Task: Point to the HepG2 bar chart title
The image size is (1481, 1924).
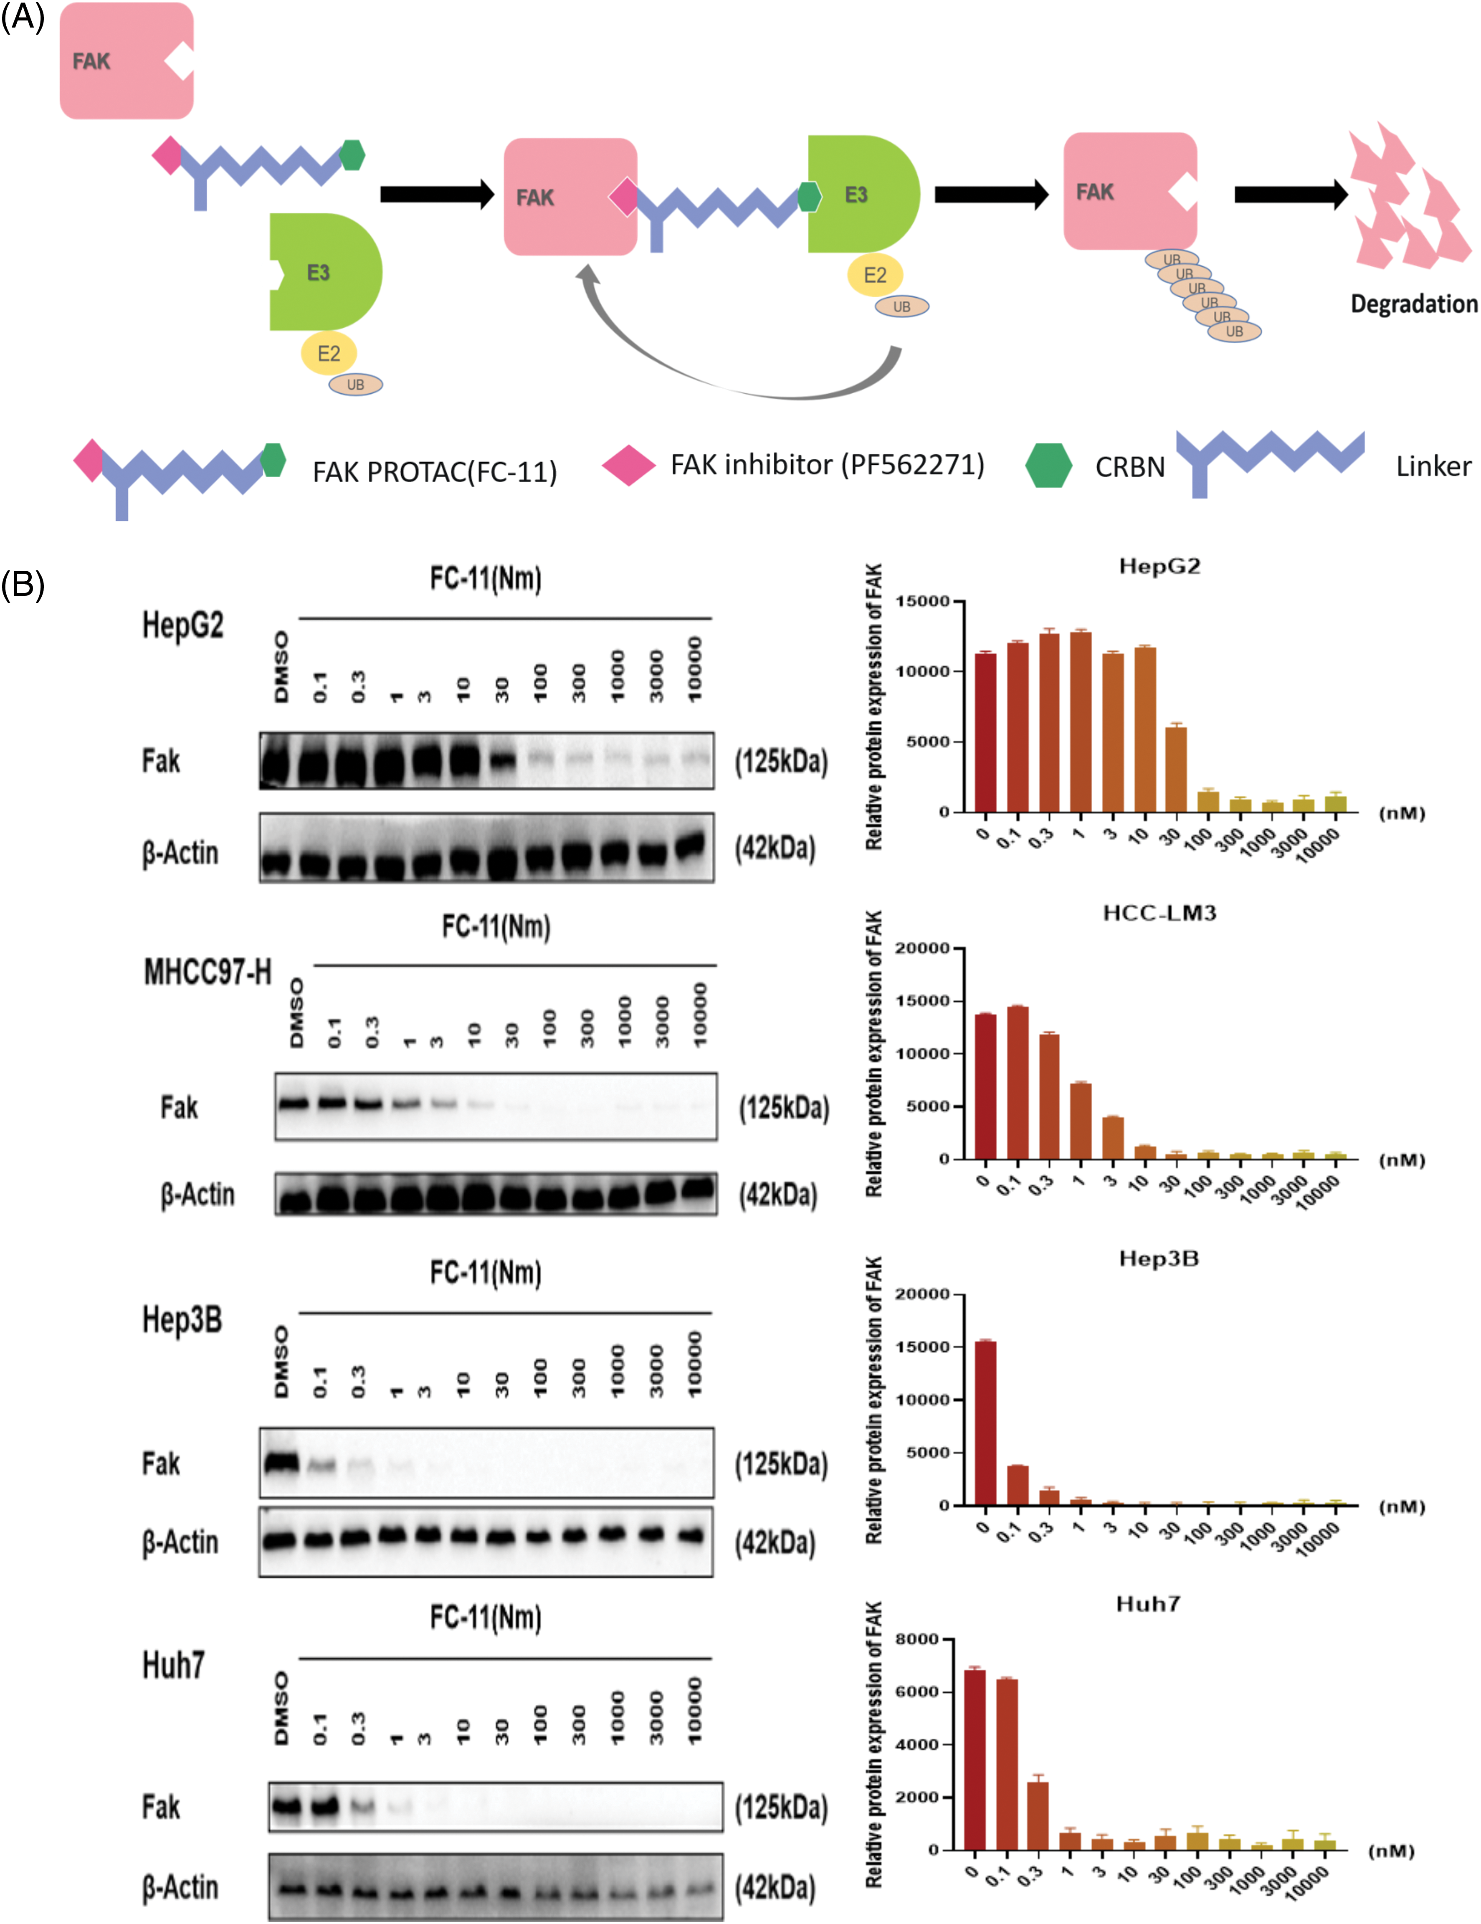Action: tap(1159, 567)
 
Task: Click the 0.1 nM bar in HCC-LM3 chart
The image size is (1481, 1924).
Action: tap(1018, 1082)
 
